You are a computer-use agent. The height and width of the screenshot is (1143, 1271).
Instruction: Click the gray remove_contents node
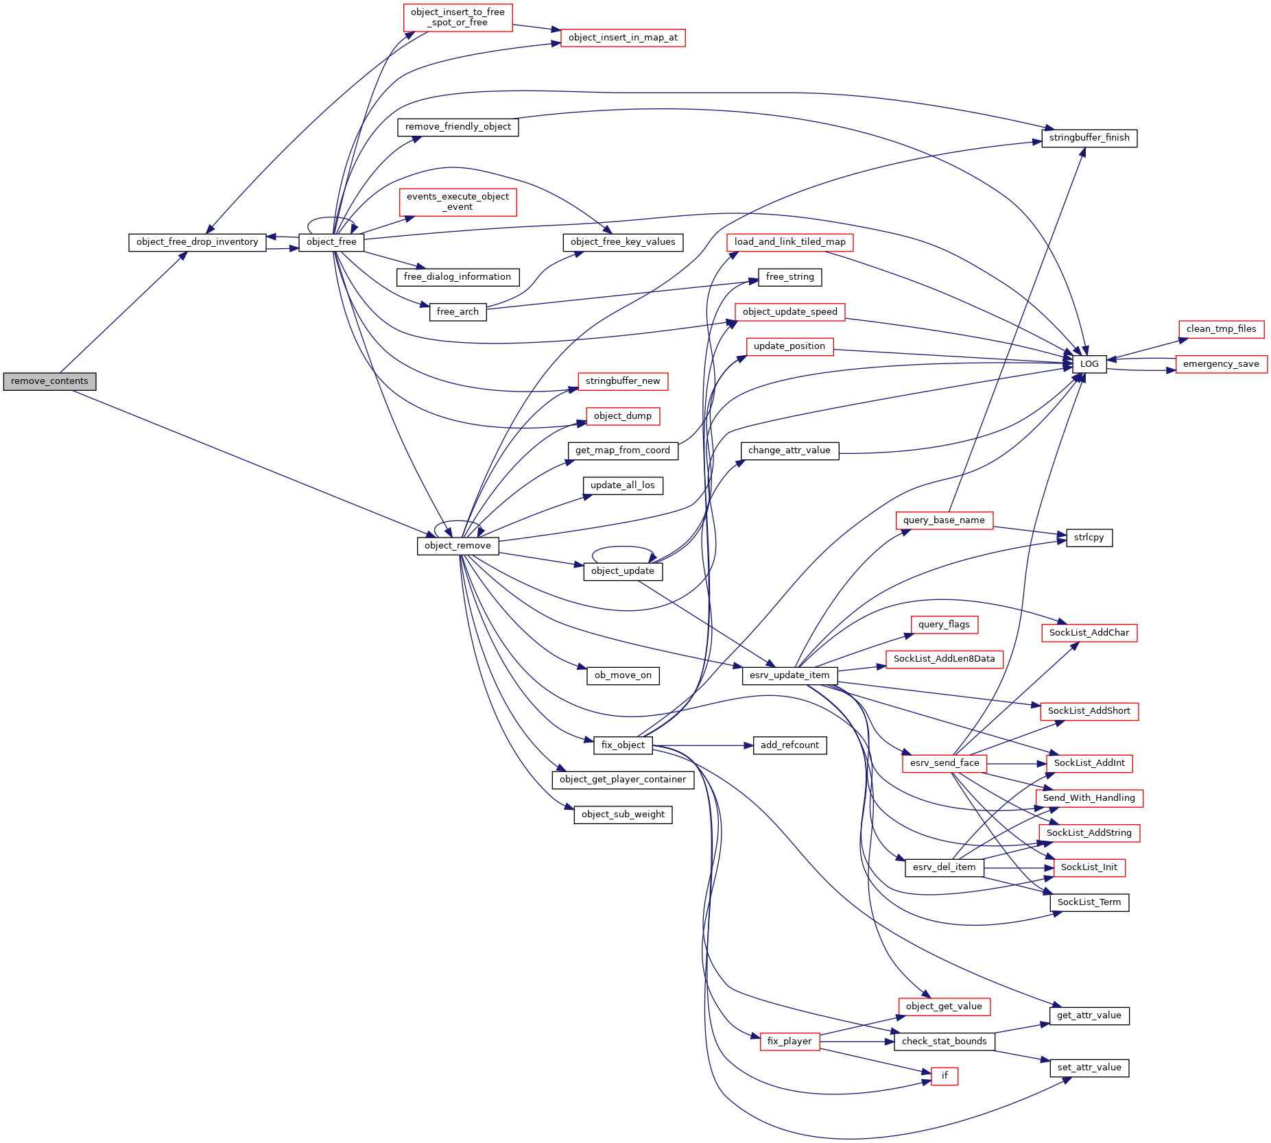(49, 381)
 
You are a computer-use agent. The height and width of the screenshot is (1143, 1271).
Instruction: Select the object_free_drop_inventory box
(197, 242)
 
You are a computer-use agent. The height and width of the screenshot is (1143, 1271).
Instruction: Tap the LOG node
(1089, 364)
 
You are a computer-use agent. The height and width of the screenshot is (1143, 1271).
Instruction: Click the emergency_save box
(1221, 364)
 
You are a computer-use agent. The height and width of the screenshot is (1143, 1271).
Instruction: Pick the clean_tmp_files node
(1221, 329)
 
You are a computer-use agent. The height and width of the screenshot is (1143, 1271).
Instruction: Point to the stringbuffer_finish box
(1089, 138)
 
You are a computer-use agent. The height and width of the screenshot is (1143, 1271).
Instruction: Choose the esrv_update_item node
(789, 675)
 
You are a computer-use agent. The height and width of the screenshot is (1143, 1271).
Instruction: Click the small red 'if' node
(945, 1076)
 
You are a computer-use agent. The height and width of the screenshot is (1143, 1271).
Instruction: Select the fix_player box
(789, 1042)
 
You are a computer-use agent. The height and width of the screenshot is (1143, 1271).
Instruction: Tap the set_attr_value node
(1089, 1068)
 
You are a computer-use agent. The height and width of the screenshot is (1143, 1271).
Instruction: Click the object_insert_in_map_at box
(623, 38)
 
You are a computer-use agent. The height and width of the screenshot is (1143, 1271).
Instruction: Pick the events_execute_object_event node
(458, 202)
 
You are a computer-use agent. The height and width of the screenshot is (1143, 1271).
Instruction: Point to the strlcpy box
(1089, 538)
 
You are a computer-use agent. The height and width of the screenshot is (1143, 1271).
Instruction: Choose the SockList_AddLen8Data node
(945, 659)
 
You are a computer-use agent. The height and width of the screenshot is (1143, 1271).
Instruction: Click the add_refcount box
(789, 745)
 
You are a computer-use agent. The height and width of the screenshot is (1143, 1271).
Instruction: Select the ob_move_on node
(623, 675)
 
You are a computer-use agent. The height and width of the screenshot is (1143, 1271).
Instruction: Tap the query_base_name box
(945, 520)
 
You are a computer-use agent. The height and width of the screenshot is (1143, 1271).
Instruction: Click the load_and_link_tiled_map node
(789, 242)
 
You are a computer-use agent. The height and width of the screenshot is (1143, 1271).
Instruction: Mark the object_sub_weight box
(623, 815)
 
